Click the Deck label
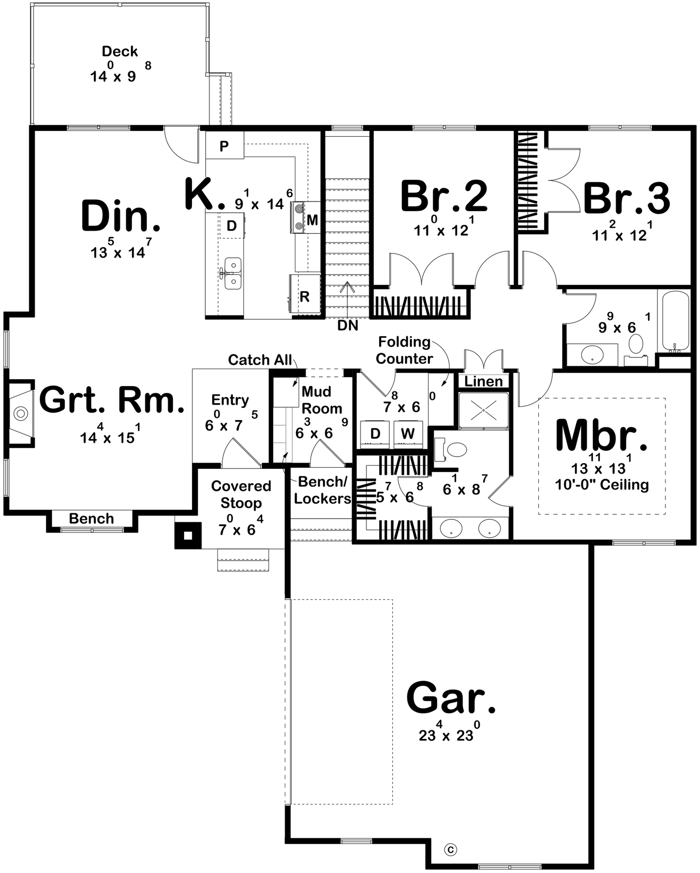(x=120, y=51)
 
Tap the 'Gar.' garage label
(x=451, y=699)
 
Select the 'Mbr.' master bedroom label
(x=601, y=435)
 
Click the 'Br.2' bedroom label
(x=443, y=197)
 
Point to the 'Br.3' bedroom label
(x=626, y=199)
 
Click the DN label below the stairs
(x=348, y=326)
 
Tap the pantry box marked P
(x=224, y=146)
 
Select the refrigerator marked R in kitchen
(x=305, y=296)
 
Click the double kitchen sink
(x=232, y=273)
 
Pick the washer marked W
(x=407, y=433)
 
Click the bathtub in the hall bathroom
(x=675, y=321)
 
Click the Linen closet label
(x=483, y=381)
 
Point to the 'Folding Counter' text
(x=404, y=350)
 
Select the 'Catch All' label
(x=260, y=360)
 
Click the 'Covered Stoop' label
(x=241, y=494)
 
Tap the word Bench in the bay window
(x=91, y=518)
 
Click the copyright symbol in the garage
(x=451, y=850)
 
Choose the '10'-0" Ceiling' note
(x=602, y=485)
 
